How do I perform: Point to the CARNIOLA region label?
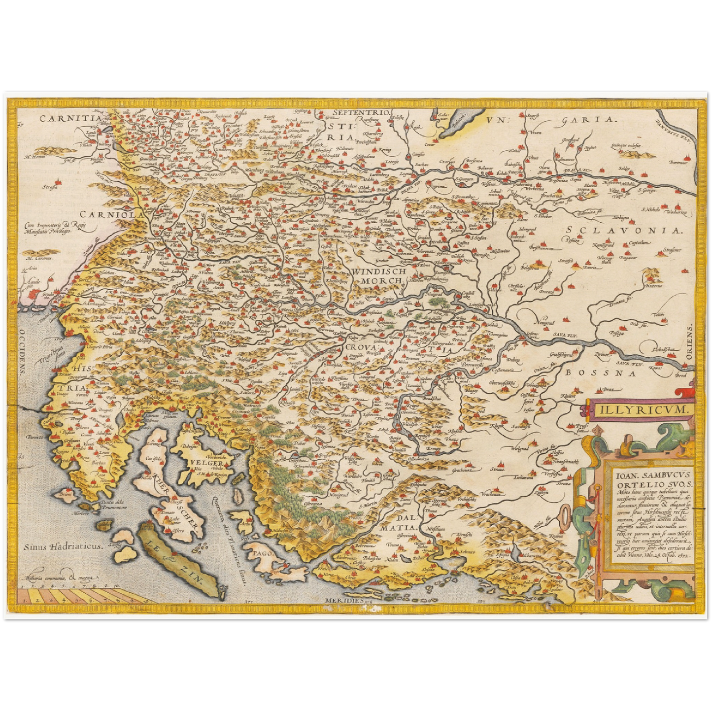[112, 214]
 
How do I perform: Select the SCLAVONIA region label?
[624, 230]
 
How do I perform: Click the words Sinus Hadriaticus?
[63, 546]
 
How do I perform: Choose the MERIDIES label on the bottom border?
[343, 601]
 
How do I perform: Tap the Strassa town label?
[50, 187]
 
